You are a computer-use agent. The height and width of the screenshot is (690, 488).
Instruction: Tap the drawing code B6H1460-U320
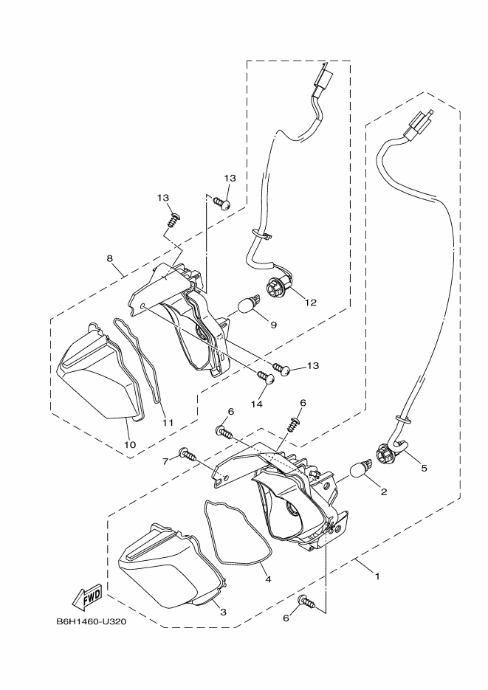[92, 621]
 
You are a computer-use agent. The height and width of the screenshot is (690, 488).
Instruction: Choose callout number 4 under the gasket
[268, 579]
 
